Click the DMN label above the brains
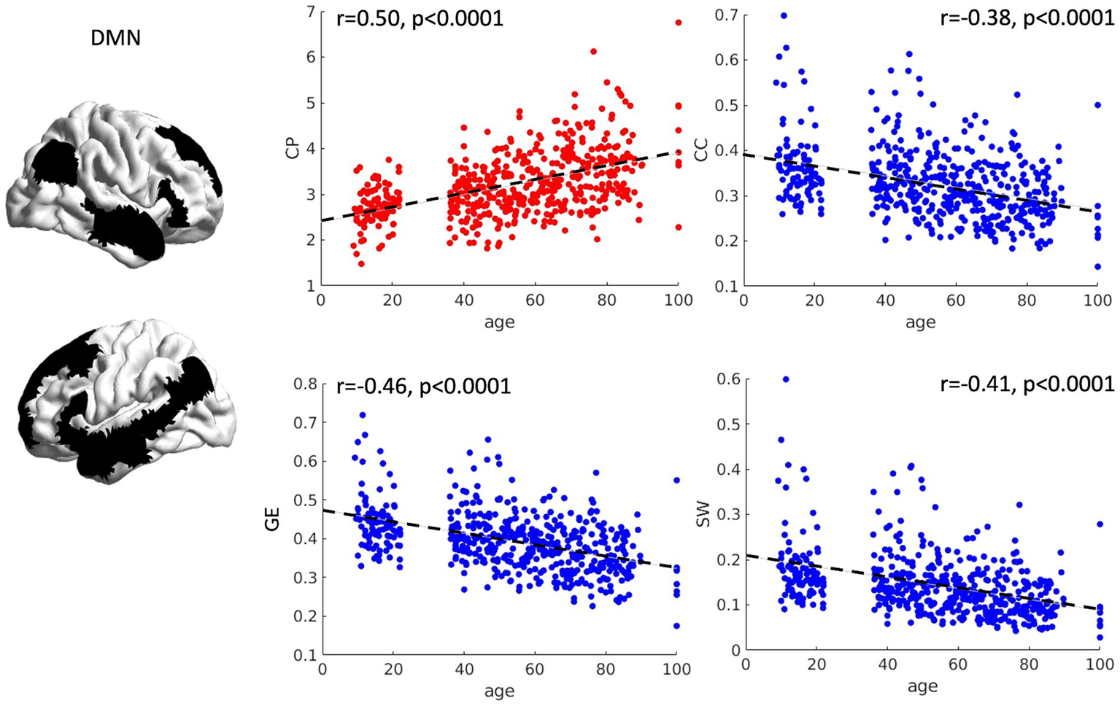[115, 38]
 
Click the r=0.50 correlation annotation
[420, 18]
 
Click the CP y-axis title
[293, 150]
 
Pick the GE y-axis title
[273, 521]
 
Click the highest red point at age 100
[679, 23]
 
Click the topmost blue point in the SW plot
[786, 379]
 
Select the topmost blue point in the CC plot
[784, 15]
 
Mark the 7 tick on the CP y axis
[312, 11]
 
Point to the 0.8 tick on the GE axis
[307, 384]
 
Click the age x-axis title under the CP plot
[499, 322]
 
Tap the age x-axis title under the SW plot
[922, 686]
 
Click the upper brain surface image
[117, 182]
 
